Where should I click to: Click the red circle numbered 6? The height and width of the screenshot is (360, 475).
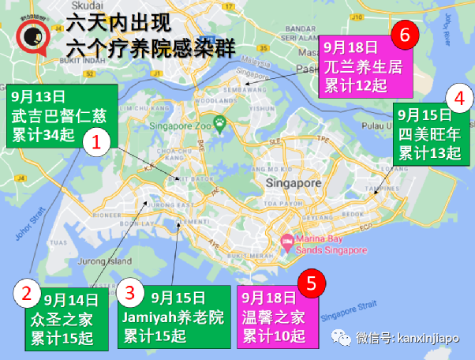coord(405,35)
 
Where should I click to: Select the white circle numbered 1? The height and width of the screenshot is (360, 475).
coord(96,144)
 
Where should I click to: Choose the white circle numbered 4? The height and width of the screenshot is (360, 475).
coord(457,99)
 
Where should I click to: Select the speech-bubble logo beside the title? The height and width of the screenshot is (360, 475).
coord(33,36)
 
